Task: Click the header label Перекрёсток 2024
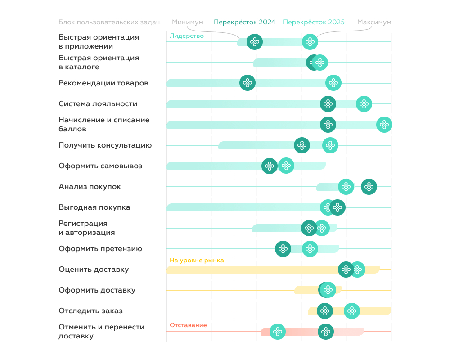click(244, 22)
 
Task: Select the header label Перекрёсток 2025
click(314, 22)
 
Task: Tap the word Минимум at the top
click(188, 22)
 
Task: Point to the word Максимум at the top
click(374, 22)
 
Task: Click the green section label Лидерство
click(187, 36)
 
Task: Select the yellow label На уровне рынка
click(197, 260)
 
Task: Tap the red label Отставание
click(188, 325)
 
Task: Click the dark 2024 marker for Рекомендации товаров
click(247, 83)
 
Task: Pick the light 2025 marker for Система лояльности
click(364, 104)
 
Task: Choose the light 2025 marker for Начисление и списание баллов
click(384, 125)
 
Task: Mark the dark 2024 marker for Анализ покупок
click(369, 187)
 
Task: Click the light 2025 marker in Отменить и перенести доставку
click(278, 332)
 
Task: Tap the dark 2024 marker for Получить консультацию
click(302, 145)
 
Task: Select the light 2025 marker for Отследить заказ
click(351, 311)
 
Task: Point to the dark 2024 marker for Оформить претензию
click(283, 249)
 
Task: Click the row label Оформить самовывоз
click(100, 166)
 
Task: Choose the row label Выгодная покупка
click(94, 207)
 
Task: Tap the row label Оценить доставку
click(94, 270)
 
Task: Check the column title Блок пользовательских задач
click(109, 22)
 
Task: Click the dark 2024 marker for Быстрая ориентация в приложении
click(255, 42)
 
